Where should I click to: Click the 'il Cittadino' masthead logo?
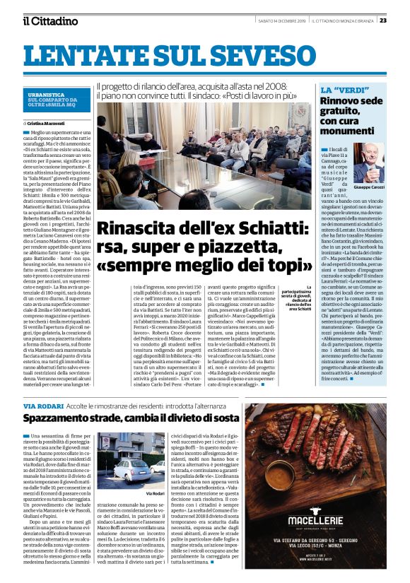(x=49, y=20)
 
